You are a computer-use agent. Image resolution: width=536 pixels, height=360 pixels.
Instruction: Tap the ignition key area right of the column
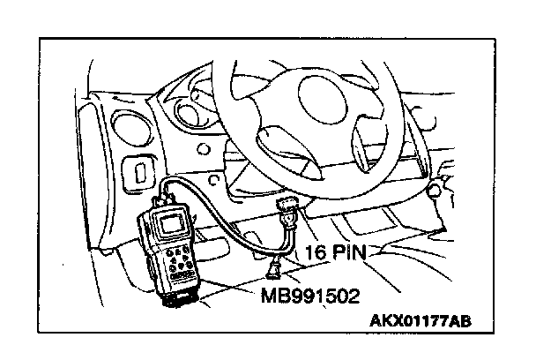[438, 187]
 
